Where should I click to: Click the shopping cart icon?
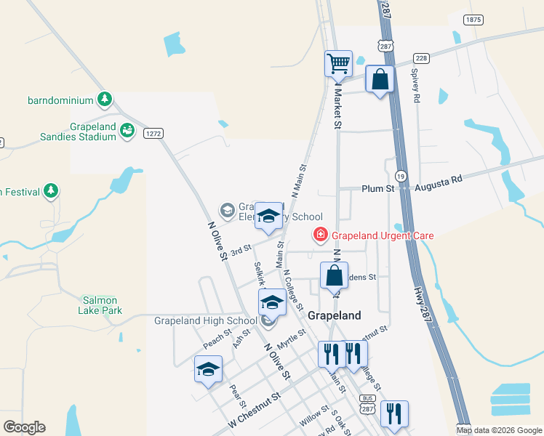tap(338, 63)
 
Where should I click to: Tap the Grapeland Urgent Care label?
tap(383, 235)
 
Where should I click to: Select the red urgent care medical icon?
tap(319, 235)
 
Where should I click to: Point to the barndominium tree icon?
tap(105, 99)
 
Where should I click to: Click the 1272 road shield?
tap(153, 133)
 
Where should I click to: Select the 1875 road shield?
tap(473, 20)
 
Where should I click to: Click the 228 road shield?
tap(420, 58)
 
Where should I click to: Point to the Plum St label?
tap(377, 189)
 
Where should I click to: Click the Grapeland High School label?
tap(206, 320)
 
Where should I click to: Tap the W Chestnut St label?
tap(254, 410)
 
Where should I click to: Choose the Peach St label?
tap(217, 339)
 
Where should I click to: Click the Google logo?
tap(24, 427)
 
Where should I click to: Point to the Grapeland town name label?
tap(335, 316)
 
